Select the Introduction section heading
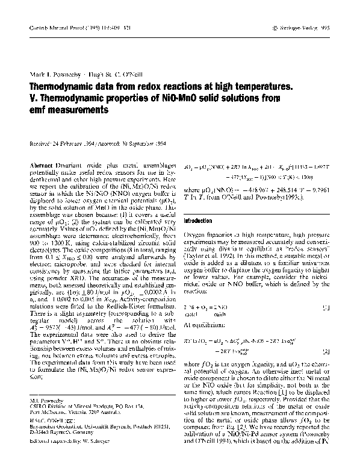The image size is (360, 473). pos(199,221)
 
